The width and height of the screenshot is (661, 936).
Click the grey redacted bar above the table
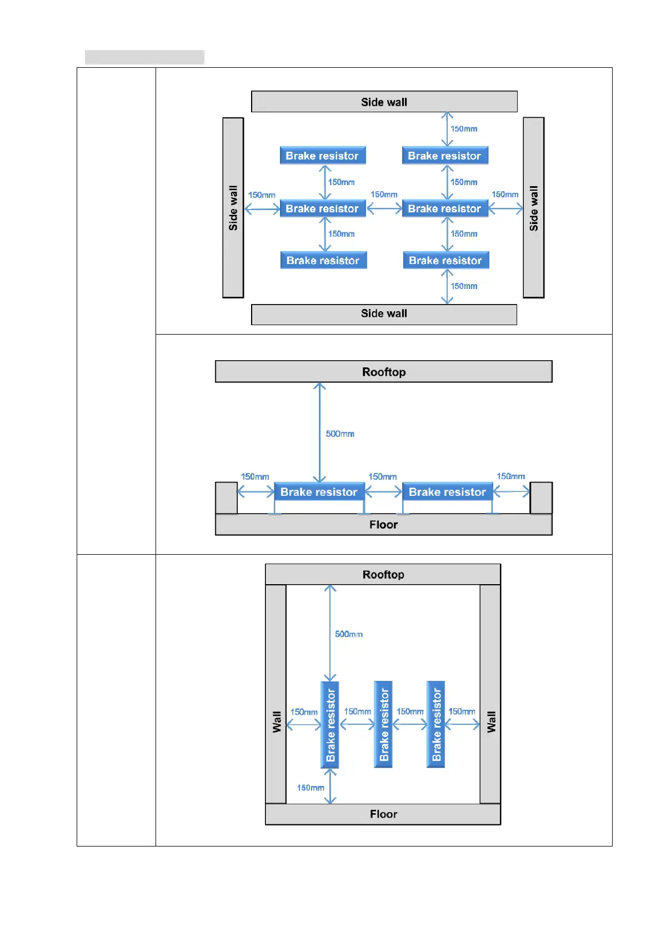point(144,57)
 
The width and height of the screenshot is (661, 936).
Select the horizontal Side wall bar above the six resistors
point(384,102)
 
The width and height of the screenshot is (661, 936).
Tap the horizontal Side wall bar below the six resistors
point(384,314)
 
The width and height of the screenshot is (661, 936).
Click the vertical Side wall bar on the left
point(233,208)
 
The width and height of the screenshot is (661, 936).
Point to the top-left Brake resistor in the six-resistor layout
point(323,156)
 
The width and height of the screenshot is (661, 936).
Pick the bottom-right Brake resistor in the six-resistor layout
point(445,261)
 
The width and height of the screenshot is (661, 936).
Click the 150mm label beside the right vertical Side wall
point(505,195)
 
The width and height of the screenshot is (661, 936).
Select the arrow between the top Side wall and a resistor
point(447,129)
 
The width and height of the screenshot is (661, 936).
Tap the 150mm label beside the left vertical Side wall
point(262,195)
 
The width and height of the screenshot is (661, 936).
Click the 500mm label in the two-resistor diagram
point(340,434)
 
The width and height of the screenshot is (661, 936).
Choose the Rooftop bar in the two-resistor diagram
point(384,372)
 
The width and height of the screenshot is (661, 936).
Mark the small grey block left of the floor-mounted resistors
point(226,498)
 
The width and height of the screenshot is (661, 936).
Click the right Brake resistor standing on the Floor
point(447,492)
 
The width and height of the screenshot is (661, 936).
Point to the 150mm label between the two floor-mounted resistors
point(383,476)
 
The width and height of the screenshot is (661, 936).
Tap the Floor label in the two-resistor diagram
point(384,525)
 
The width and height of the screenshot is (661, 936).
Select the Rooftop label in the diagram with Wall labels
point(383,575)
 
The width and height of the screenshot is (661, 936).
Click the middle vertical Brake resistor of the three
point(383,725)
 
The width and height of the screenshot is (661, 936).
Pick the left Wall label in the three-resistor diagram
point(277,722)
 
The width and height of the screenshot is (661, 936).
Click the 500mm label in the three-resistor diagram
point(349,634)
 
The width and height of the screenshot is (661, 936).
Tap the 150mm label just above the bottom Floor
point(311,788)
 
